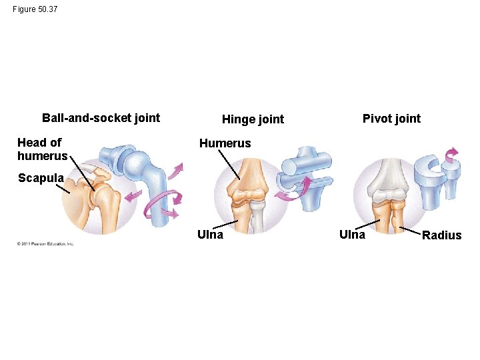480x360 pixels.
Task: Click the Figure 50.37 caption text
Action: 35,10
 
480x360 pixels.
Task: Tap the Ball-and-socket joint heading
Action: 101,118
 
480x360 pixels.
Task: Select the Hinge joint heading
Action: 253,119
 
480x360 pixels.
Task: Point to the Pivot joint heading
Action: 391,119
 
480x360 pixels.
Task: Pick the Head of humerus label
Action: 42,149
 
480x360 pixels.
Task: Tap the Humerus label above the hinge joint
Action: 225,143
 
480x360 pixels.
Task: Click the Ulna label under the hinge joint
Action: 210,234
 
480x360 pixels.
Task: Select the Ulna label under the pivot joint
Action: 352,234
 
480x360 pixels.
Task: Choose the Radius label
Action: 441,235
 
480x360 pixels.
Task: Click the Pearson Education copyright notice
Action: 45,243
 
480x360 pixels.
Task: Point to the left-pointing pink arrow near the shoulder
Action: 133,196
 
